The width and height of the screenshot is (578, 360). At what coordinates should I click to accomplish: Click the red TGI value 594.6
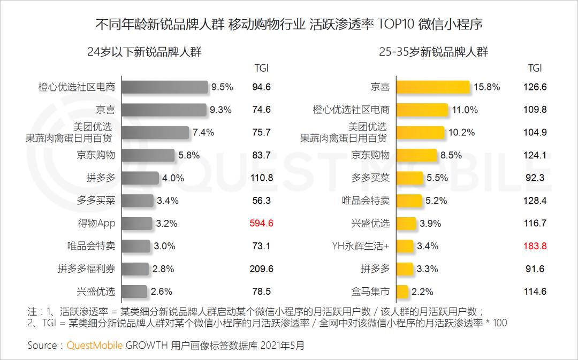tap(261, 223)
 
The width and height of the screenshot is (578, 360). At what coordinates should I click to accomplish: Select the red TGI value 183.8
tap(535, 246)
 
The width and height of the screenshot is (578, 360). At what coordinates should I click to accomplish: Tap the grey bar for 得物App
tap(136, 223)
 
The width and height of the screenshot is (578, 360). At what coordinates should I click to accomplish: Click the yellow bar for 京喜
tap(432, 87)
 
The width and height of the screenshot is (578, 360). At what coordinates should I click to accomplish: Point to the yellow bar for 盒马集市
tap(402, 292)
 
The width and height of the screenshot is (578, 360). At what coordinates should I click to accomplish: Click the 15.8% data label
tap(486, 87)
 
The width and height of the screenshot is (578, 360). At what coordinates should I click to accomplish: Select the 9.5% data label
tap(222, 87)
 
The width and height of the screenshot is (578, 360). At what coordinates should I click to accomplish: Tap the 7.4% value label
tap(203, 132)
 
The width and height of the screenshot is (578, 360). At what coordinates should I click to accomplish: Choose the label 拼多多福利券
tap(87, 269)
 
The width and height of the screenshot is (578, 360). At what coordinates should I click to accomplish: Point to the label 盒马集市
tap(370, 292)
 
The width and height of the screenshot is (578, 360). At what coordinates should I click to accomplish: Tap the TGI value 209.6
tap(261, 269)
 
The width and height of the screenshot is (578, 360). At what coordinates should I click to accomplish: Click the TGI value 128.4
tap(535, 201)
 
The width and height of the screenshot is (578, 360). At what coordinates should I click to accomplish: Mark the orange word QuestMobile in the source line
tap(95, 345)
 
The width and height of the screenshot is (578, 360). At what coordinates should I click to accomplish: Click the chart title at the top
tap(289, 25)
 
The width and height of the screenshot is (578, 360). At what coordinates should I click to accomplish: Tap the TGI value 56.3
tap(261, 201)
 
